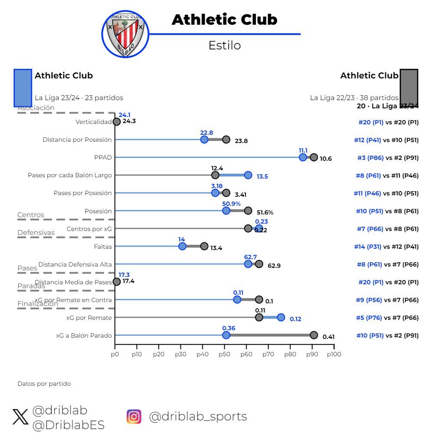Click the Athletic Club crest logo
click(125, 34)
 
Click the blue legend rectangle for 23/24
click(23, 88)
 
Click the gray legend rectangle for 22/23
click(408, 88)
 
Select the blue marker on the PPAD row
click(303, 157)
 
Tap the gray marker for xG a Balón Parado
click(313, 335)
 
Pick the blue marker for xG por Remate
click(281, 317)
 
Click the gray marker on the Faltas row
click(204, 246)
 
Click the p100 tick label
click(333, 354)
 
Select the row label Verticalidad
click(93, 122)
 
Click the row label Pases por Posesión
click(82, 193)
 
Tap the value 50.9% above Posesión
click(231, 204)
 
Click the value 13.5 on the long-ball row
click(262, 176)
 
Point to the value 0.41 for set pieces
click(328, 337)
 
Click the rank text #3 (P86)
click(370, 158)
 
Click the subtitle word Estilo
click(224, 46)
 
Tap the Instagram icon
click(134, 416)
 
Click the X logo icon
click(20, 417)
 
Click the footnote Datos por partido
click(44, 384)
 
